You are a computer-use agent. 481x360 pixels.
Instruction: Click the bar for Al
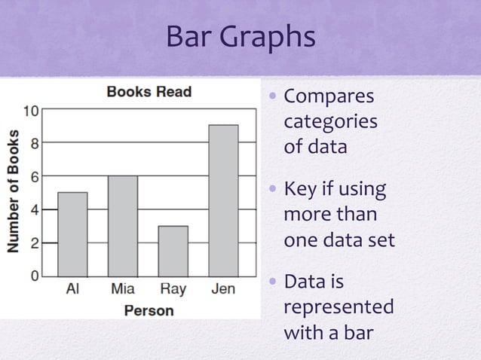[72, 234]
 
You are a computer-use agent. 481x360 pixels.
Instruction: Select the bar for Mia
[122, 226]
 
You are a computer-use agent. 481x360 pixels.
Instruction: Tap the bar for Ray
[173, 251]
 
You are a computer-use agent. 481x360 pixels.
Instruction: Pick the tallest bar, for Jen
[223, 200]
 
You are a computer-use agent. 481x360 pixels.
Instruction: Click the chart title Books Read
[149, 93]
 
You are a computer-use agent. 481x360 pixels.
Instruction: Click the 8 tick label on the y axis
[35, 142]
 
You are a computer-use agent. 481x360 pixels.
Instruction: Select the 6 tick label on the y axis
[35, 175]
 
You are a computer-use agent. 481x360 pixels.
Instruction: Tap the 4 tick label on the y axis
[35, 209]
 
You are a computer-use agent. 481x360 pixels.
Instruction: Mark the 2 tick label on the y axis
[35, 243]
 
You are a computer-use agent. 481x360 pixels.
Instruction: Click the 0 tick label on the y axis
[35, 276]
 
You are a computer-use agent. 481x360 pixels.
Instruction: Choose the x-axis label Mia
[122, 288]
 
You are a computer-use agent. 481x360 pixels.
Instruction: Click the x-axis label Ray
[173, 288]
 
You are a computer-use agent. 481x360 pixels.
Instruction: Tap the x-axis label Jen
[223, 288]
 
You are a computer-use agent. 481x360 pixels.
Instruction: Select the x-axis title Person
[149, 310]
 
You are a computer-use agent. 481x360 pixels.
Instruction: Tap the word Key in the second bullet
[299, 191]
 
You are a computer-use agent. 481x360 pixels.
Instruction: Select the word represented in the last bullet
[338, 307]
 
